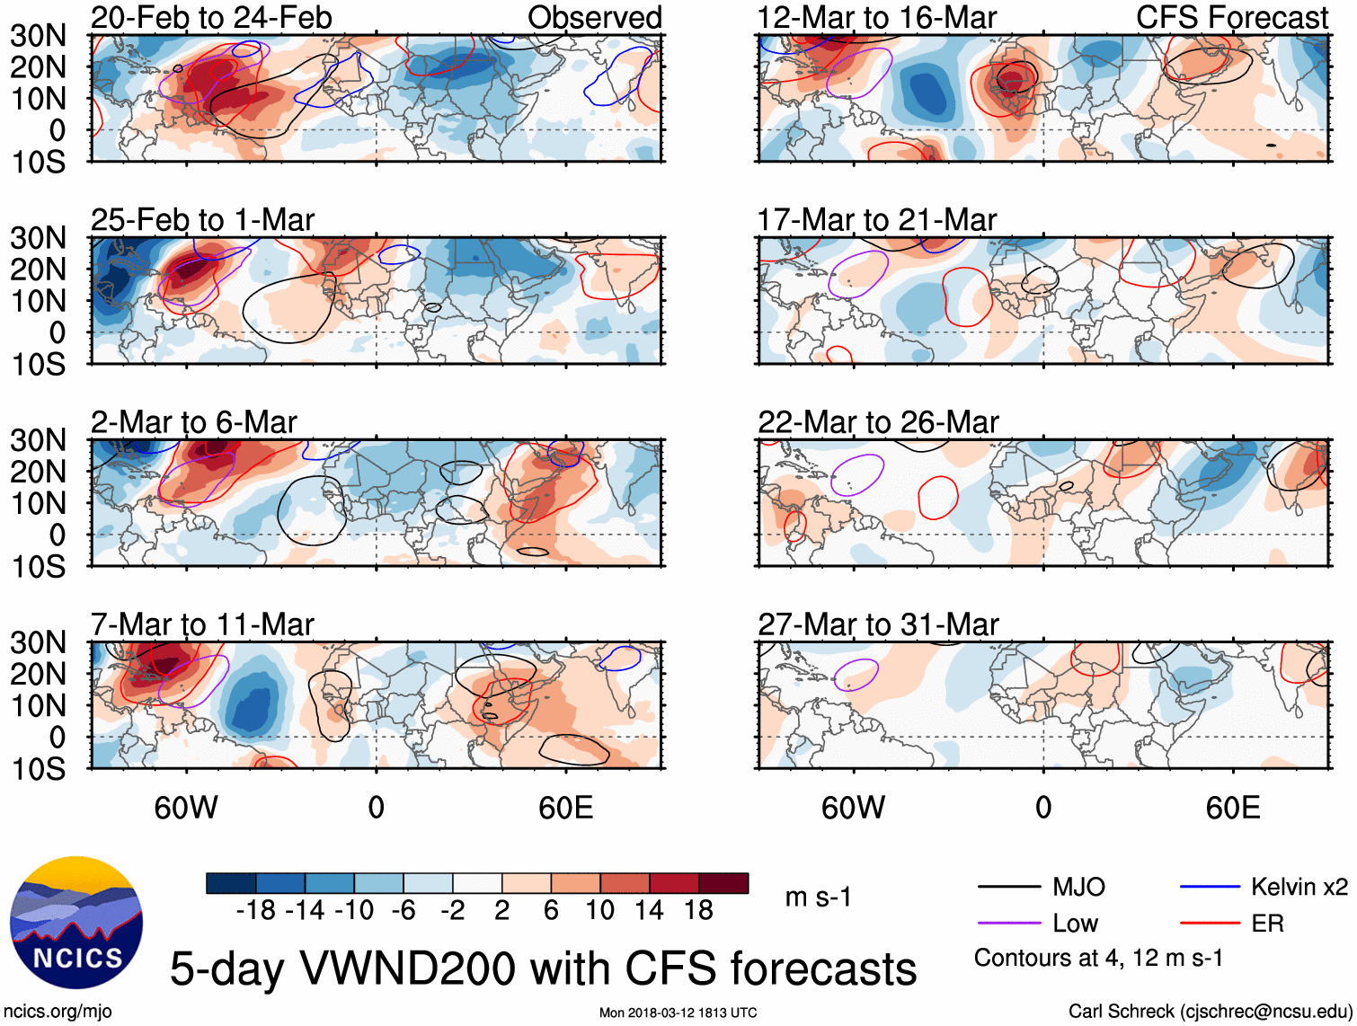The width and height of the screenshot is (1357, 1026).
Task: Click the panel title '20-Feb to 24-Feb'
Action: tap(211, 17)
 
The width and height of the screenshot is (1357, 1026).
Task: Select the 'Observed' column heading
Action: tap(594, 17)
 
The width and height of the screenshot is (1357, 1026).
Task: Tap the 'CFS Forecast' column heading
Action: tap(1231, 17)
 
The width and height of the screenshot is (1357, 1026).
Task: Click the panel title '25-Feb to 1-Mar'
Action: tap(202, 220)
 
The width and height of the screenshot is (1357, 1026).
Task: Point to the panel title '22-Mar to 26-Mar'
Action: tap(878, 422)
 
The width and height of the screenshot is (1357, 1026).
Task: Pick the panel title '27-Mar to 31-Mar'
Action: tap(878, 624)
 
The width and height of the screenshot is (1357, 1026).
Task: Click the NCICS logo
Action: tap(76, 923)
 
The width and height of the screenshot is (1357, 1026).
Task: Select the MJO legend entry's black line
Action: tap(1009, 888)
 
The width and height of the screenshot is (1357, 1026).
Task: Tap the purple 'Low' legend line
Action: tap(1009, 924)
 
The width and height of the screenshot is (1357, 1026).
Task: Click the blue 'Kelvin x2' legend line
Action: tap(1210, 888)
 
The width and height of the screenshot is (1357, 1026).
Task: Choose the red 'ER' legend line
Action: tap(1210, 924)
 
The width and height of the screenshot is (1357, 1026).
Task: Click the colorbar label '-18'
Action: tap(256, 911)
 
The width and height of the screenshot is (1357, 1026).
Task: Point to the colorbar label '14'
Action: tap(649, 911)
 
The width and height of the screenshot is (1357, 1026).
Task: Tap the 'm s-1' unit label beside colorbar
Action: tap(818, 898)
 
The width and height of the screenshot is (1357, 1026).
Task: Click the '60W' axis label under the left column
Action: tap(186, 808)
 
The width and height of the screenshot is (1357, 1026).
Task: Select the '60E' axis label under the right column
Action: tap(1232, 808)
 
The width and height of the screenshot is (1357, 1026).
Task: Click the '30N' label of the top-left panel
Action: tap(39, 36)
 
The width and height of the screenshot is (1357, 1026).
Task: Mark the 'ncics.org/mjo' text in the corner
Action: tap(58, 1012)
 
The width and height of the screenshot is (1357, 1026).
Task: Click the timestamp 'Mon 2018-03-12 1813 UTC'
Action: tap(678, 1013)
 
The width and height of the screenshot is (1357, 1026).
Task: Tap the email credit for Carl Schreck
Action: tap(1210, 1012)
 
